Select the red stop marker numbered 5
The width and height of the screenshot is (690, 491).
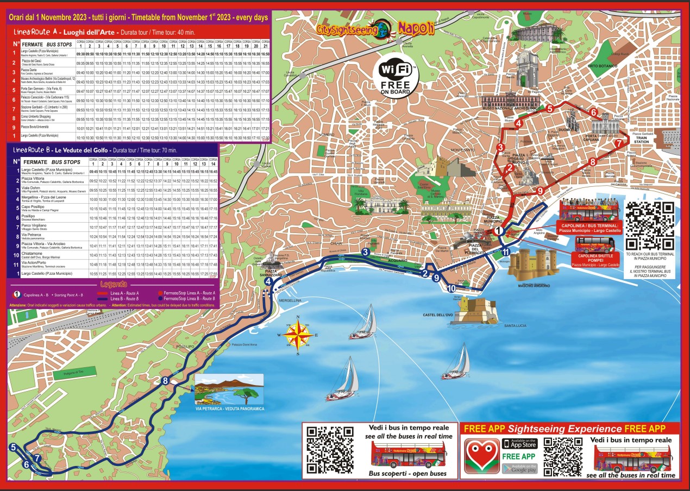550,109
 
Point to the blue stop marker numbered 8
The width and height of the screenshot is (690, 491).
165,381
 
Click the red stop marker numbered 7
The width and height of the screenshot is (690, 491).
618,144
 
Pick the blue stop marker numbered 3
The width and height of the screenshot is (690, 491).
366,252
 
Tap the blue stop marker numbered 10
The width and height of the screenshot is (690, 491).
452,288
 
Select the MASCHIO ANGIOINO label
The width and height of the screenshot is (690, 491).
534,286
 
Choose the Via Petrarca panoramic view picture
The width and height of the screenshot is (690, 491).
229,389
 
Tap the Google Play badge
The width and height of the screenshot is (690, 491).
519,468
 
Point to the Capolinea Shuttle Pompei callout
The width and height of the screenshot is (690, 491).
595,259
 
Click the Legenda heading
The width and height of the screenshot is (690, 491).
114,284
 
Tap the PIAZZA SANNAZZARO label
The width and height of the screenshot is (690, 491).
274,273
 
